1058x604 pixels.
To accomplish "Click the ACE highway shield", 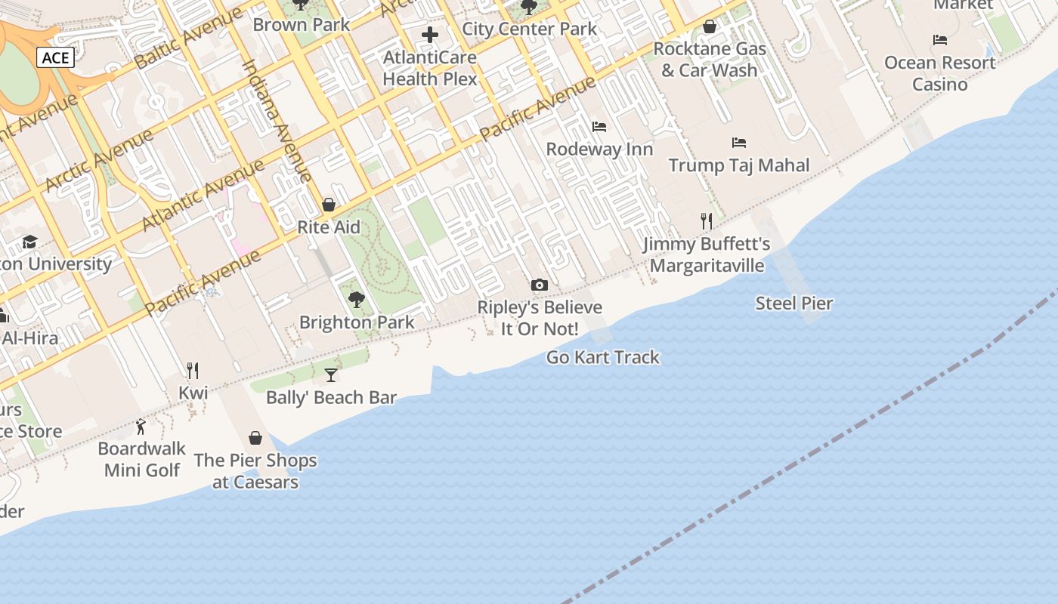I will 55,58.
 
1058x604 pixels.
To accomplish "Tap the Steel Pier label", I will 794,304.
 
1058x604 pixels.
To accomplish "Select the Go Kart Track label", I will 602,357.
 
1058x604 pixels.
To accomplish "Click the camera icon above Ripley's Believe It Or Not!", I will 539,285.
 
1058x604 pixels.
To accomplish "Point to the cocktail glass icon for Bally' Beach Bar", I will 331,374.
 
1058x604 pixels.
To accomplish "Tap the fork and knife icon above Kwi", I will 193,370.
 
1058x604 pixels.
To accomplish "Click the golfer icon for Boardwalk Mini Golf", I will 141,427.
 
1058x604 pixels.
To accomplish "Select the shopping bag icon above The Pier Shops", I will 255,438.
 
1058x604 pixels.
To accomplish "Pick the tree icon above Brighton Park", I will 357,300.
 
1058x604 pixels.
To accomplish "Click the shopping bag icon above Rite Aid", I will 329,205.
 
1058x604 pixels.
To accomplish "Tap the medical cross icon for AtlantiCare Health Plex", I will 430,35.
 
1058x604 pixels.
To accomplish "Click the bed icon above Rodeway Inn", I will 599,127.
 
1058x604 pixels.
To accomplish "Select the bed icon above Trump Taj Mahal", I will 739,143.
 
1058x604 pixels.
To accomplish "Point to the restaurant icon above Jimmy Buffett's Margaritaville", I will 707,221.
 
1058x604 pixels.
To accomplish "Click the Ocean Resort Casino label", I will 939,73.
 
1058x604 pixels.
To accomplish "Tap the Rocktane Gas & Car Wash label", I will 709,60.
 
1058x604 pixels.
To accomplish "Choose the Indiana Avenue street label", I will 277,121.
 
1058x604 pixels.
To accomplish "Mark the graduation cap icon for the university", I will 29,242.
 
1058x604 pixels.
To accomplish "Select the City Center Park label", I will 529,29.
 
